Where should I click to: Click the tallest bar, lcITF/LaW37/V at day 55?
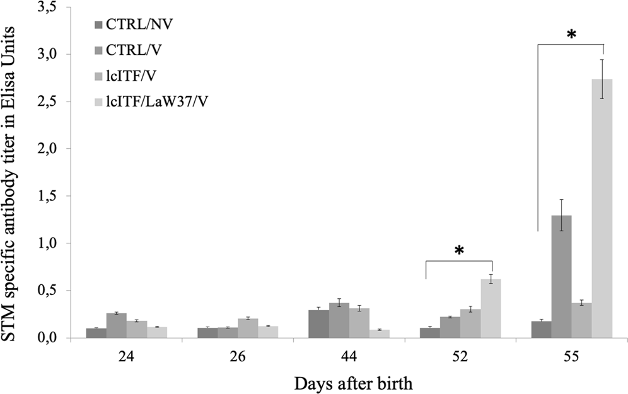[602, 209]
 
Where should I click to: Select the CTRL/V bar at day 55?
[561, 277]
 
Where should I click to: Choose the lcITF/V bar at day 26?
[248, 328]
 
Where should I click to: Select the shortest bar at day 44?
[380, 333]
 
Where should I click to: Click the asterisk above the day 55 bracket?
[571, 35]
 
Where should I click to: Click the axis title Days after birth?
[349, 382]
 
